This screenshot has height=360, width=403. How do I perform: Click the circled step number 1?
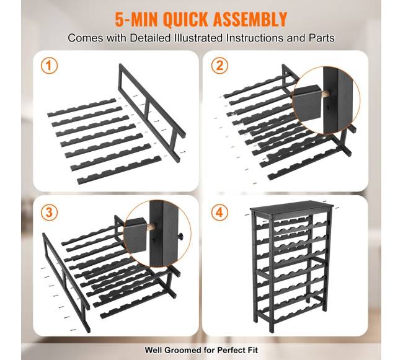49,66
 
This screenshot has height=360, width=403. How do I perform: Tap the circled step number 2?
219,66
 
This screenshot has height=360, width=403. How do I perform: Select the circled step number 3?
49,213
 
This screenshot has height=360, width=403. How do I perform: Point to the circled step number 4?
219,213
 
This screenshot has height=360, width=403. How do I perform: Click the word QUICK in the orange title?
185,19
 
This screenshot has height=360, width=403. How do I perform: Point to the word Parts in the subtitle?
322,38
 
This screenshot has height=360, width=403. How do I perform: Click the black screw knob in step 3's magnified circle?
182,236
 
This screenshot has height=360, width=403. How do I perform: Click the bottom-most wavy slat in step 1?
119,170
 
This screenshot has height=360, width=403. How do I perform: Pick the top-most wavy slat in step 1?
82,108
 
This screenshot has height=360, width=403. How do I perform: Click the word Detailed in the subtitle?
150,38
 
